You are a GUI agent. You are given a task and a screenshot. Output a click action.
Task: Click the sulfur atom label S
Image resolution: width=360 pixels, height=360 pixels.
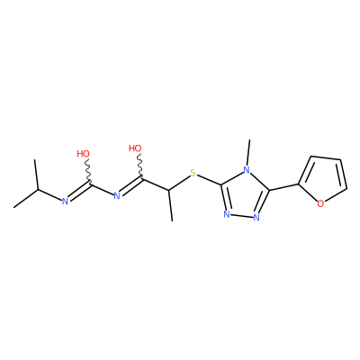(x=193, y=173)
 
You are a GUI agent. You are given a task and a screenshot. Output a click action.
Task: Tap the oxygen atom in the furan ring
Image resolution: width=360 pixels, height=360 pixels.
(x=320, y=204)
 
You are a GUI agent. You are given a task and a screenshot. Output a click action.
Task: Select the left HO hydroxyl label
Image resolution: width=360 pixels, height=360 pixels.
(x=83, y=154)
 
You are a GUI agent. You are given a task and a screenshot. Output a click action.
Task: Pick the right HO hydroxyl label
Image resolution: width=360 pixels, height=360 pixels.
(x=135, y=148)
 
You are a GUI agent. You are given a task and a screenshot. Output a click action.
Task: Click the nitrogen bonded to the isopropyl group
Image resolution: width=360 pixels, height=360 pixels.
(x=65, y=202)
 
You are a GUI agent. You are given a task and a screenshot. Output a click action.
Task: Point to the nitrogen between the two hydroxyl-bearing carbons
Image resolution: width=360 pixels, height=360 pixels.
(x=117, y=196)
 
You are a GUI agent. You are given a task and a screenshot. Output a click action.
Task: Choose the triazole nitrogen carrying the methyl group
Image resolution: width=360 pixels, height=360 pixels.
(x=247, y=170)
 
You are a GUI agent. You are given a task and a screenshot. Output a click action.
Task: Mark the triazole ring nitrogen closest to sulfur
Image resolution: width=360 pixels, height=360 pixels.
(x=227, y=214)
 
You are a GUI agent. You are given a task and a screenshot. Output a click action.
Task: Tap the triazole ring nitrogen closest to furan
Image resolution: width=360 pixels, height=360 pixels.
(x=256, y=218)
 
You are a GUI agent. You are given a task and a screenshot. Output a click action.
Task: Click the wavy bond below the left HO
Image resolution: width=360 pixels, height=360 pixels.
(x=87, y=171)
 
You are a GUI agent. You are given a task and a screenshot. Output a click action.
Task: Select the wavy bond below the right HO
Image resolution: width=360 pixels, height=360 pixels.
(x=139, y=166)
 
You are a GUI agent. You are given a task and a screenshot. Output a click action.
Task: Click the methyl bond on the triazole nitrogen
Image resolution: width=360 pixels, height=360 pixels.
(x=248, y=153)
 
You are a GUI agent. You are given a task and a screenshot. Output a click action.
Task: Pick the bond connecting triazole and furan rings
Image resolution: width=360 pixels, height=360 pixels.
(x=283, y=187)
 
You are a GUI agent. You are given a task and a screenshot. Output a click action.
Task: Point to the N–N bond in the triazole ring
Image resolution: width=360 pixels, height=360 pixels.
(x=241, y=216)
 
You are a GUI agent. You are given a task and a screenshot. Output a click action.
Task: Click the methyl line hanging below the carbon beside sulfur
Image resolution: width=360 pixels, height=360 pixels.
(x=171, y=205)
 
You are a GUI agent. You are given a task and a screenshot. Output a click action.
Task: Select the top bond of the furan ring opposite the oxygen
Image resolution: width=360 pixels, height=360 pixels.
(x=326, y=157)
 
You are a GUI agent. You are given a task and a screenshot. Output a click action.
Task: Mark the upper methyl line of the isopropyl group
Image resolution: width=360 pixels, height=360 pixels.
(x=36, y=175)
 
